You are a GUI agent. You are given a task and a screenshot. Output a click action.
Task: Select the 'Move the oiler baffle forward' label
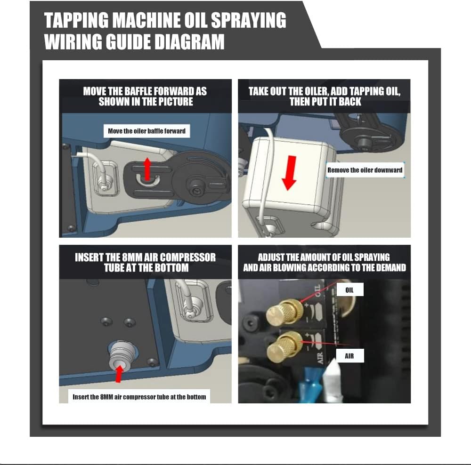pos(146,131)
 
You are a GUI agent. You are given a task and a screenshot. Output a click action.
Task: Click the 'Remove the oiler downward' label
pos(365,170)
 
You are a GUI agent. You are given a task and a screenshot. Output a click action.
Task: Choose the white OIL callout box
pos(349,290)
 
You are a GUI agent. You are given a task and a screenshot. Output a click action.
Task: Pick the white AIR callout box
pos(349,356)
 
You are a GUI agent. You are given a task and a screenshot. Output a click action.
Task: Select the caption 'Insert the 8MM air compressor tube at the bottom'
pos(139,397)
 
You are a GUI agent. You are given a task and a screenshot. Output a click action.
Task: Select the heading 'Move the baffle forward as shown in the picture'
pos(145,96)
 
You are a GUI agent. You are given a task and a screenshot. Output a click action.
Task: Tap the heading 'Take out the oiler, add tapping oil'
pos(324,91)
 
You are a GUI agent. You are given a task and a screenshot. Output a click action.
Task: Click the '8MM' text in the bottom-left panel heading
pos(130,258)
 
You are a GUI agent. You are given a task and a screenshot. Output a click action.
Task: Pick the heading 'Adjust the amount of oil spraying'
pos(324,257)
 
